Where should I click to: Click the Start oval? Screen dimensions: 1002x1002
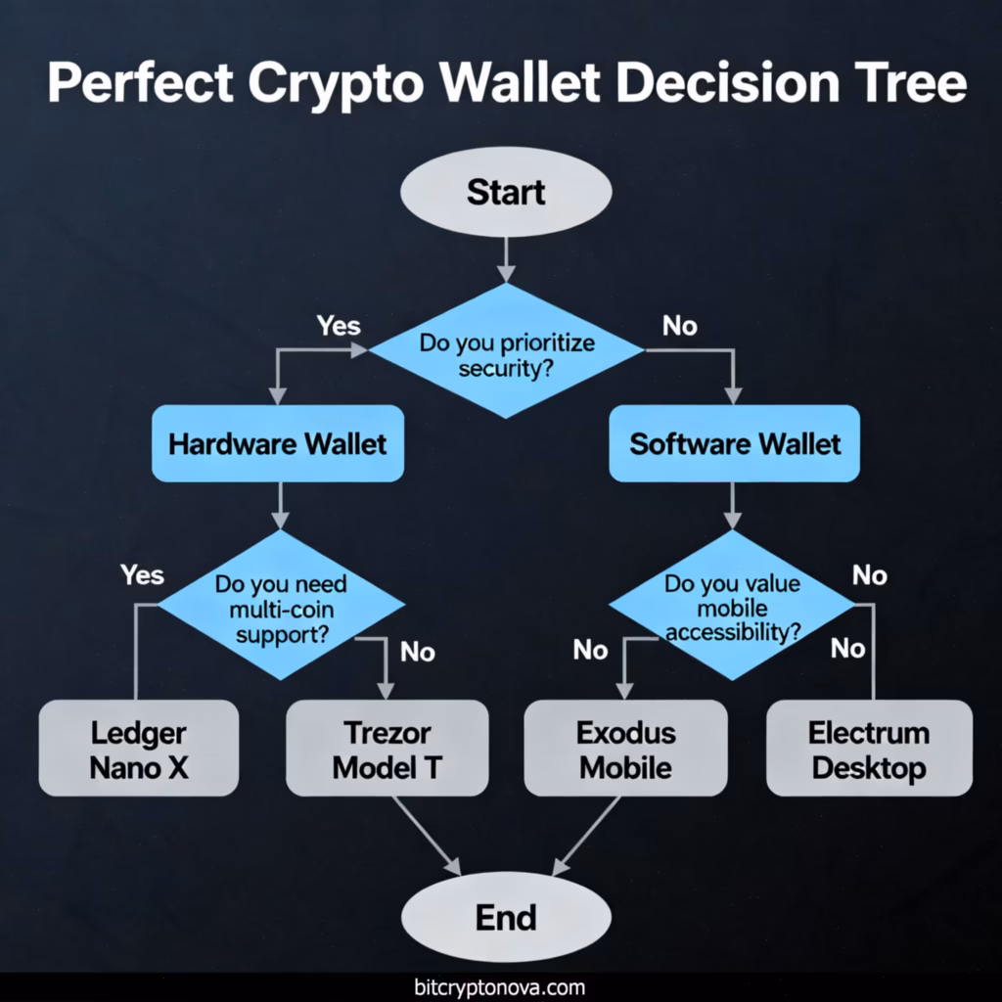pos(506,192)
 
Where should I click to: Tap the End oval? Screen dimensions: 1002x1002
pos(506,918)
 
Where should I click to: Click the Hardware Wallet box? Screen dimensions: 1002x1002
pos(278,443)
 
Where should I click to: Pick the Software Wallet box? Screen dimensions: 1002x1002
pos(735,443)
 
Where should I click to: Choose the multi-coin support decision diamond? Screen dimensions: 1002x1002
pos(281,608)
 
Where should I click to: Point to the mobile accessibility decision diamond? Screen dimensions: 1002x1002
pos(732,608)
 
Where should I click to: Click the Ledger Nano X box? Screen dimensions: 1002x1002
pos(138,749)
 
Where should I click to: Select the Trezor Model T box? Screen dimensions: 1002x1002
pos(387,749)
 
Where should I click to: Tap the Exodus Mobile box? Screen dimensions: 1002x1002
pos(625,749)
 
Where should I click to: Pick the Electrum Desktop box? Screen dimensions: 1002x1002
pos(869,749)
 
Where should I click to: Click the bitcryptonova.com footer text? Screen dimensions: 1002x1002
pos(500,986)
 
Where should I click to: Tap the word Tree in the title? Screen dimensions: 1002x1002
pos(910,84)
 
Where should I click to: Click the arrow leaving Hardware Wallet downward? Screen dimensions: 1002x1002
pos(281,505)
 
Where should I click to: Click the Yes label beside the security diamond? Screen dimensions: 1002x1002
pos(339,325)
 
